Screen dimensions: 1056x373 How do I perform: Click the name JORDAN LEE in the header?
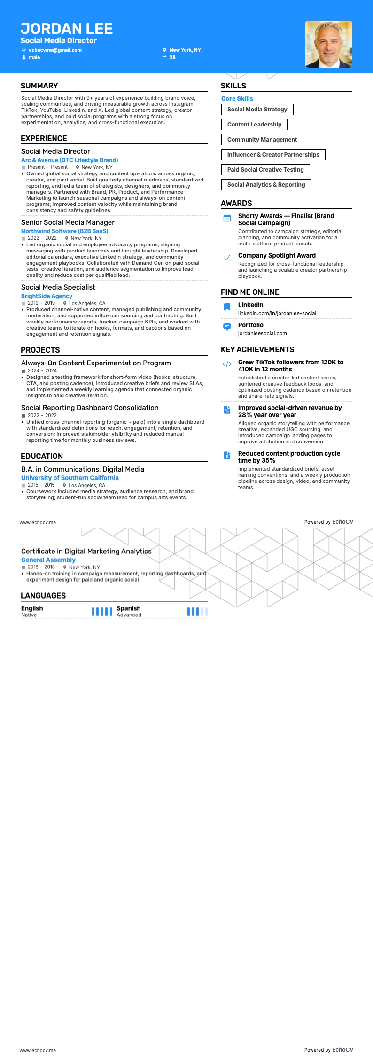[67, 29]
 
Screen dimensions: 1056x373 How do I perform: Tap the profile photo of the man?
[328, 44]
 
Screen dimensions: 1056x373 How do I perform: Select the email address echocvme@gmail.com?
[55, 50]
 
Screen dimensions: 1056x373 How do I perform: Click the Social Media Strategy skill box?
[257, 110]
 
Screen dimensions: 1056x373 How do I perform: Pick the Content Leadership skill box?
[254, 125]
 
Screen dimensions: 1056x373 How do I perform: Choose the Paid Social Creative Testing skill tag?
[265, 170]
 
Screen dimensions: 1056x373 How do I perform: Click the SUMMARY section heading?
[39, 86]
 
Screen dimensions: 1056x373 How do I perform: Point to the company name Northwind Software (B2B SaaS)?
[65, 231]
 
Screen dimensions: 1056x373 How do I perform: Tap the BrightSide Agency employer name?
[47, 296]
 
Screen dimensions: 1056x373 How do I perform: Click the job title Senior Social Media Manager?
[68, 222]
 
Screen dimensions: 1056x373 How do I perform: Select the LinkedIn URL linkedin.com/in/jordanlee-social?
[277, 313]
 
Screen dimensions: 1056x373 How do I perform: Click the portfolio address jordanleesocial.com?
[262, 333]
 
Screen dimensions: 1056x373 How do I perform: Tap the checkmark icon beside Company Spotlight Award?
[227, 257]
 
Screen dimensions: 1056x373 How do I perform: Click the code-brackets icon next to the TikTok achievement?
[227, 364]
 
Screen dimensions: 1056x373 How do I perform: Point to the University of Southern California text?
[70, 478]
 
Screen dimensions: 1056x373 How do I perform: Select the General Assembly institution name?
[48, 560]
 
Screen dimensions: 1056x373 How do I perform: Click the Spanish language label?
[129, 608]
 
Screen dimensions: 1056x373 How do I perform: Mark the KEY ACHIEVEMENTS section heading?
[257, 349]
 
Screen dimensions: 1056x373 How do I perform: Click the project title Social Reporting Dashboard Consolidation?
[90, 408]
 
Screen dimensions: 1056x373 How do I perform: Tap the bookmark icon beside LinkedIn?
[227, 307]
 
